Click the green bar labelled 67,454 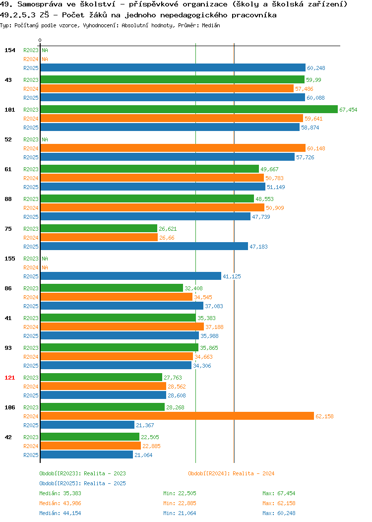[x=189, y=110]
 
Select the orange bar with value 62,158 [x=177, y=416]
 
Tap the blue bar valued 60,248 [x=173, y=68]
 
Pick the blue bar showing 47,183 [x=144, y=247]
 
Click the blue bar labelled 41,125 [x=131, y=276]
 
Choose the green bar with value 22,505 [x=90, y=437]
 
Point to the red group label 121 [x=9, y=378]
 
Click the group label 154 [x=9, y=50]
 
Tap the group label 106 [x=9, y=407]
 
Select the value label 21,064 [x=143, y=455]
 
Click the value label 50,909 [x=275, y=208]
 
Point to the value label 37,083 [x=214, y=306]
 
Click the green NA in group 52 [x=45, y=139]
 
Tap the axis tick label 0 [x=40, y=40]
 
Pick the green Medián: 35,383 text [x=60, y=493]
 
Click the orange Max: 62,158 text [x=279, y=503]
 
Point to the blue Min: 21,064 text [x=180, y=514]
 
